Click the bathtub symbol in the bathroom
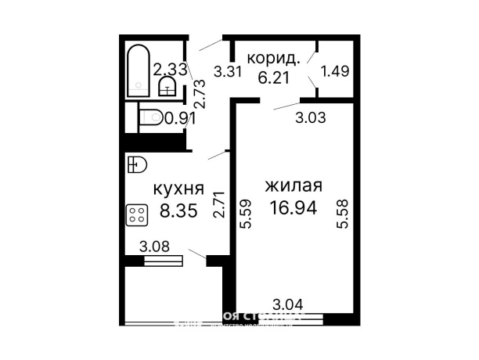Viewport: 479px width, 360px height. click(x=139, y=70)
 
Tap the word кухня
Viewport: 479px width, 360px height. click(x=178, y=189)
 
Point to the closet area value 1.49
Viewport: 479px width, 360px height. click(x=335, y=71)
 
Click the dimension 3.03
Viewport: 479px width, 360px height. click(x=309, y=118)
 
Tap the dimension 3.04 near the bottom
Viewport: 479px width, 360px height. click(x=288, y=304)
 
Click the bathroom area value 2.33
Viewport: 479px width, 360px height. click(x=170, y=69)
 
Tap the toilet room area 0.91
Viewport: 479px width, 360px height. click(x=179, y=119)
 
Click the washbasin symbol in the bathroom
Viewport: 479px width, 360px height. click(x=167, y=85)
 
